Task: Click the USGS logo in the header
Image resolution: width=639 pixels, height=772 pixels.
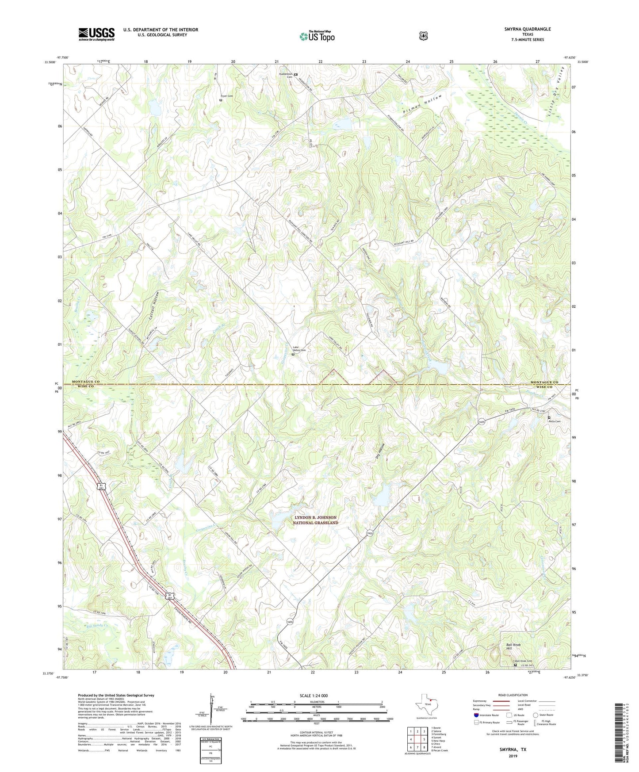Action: click(x=96, y=34)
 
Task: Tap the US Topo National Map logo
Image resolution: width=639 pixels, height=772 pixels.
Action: click(x=317, y=36)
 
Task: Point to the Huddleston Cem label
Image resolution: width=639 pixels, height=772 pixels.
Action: click(x=286, y=75)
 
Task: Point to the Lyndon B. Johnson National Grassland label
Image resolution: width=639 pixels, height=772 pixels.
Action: click(x=316, y=520)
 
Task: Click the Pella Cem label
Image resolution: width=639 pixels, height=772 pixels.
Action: click(x=554, y=421)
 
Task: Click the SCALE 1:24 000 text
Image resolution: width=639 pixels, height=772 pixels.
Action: click(x=314, y=696)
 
